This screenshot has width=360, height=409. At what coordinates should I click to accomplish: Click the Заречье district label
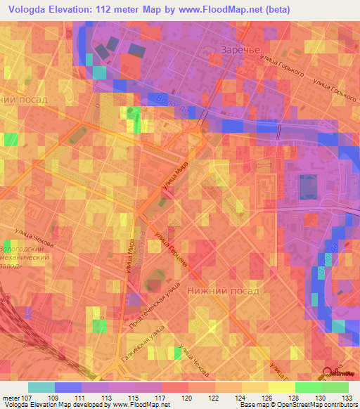tap(241, 51)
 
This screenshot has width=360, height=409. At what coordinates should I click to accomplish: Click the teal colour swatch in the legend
tap(41, 387)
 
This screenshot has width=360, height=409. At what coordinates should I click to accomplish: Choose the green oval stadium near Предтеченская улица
tap(152, 285)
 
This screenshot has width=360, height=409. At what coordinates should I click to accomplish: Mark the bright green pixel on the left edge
tap(10, 139)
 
